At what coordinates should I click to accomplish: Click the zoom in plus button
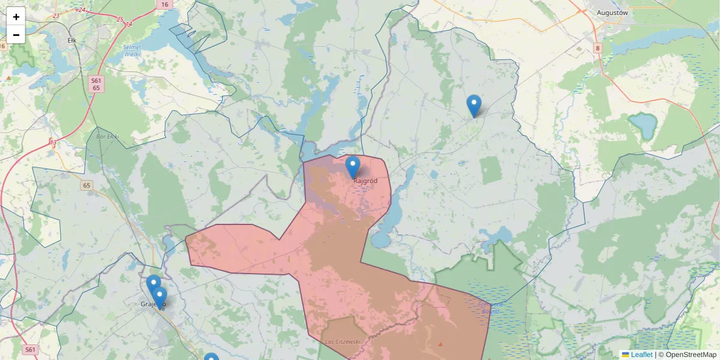pos(16,17)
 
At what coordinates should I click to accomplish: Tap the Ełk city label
pos(72,41)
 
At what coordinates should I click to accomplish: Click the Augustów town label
pos(612,12)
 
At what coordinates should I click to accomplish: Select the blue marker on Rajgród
pos(353,167)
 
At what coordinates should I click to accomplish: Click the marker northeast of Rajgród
pos(474,106)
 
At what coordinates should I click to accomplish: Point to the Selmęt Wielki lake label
pos(131,50)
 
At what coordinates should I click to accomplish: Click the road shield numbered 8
pos(598,47)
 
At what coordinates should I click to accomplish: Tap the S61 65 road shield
pos(97,83)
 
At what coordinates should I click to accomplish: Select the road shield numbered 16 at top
pos(164,4)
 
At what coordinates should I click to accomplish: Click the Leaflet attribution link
pos(641,355)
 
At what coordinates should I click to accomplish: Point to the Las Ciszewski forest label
pos(342,341)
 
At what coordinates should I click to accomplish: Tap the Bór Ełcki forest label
pos(107,137)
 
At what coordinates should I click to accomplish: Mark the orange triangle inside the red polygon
pos(441,344)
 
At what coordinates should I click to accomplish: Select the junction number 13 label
pos(53,142)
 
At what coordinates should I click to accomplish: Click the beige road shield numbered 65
pos(87,185)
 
